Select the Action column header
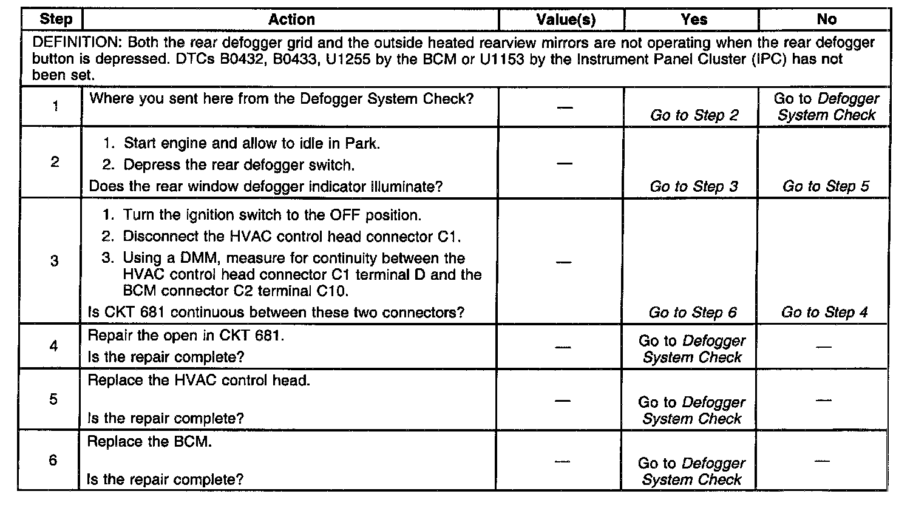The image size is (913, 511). point(291,20)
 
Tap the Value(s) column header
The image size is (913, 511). point(566,20)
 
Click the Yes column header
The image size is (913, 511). point(693,20)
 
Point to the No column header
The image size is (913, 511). point(826,20)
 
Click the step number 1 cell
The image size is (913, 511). point(55,107)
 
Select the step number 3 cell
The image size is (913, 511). point(53,261)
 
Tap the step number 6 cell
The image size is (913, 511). point(53,461)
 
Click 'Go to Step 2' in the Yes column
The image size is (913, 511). point(693,115)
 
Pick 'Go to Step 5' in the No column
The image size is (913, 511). point(826,186)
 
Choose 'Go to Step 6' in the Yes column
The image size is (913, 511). point(692,313)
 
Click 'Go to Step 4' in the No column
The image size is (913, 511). point(824,313)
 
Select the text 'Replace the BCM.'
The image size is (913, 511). point(149,442)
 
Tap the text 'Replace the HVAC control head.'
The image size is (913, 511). point(199,381)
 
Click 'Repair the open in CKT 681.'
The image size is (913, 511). point(186,336)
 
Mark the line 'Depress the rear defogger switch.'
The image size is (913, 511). point(239,165)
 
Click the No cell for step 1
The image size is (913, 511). point(826,107)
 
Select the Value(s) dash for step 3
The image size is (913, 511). point(564,262)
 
